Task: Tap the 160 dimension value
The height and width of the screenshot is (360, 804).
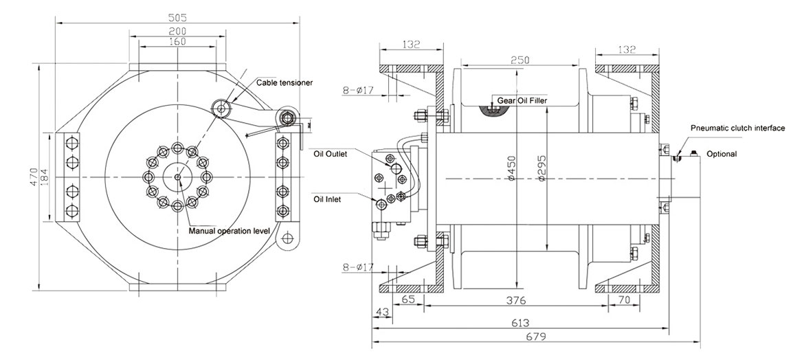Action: pyautogui.click(x=177, y=42)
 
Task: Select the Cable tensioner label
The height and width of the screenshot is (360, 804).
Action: pyautogui.click(x=284, y=82)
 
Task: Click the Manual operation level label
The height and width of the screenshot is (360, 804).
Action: pyautogui.click(x=229, y=232)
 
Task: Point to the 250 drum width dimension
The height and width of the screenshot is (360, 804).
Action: pyautogui.click(x=520, y=60)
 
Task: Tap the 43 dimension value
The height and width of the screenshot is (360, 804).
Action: pyautogui.click(x=381, y=312)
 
